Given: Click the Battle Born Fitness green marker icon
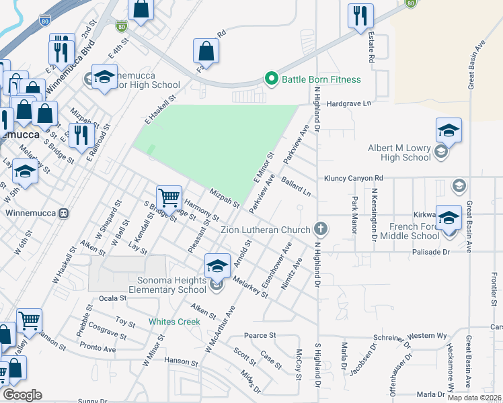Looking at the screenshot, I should click(272, 79).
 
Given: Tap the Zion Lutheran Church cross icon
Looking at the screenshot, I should click(321, 229).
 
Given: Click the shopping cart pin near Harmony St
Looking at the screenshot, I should click(169, 197).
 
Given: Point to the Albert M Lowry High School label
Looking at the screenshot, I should click(399, 152).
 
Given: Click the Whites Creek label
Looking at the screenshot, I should click(175, 322).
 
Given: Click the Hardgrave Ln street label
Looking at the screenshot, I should click(349, 104).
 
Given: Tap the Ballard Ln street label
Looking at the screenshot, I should click(297, 187).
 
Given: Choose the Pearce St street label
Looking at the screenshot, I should click(260, 335).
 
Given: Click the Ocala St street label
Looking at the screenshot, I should click(112, 298).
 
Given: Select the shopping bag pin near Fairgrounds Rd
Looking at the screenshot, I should click(206, 51).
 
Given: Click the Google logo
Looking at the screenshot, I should click(23, 395).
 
